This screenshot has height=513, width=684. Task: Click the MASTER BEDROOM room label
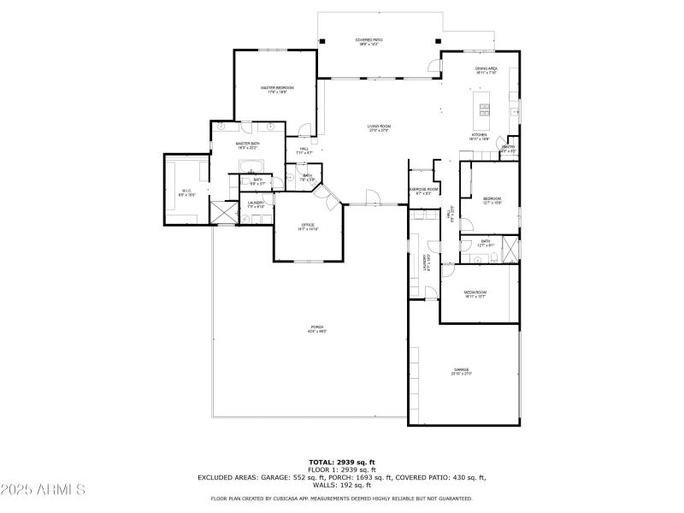pyautogui.click(x=277, y=88)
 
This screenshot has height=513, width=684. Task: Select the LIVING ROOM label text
pyautogui.click(x=379, y=127)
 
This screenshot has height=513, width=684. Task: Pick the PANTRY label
pyautogui.click(x=508, y=148)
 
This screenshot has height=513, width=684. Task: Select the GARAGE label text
pyautogui.click(x=461, y=370)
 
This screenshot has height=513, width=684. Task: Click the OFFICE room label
pyautogui.click(x=308, y=226)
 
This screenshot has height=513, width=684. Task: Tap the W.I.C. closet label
pyautogui.click(x=186, y=191)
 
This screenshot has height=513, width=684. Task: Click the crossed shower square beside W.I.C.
pyautogui.click(x=223, y=212)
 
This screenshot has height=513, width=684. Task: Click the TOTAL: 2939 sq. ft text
pyautogui.click(x=342, y=463)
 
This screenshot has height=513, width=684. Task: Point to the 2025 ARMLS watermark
pyautogui.click(x=44, y=490)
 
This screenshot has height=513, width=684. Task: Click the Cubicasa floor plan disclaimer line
pyautogui.click(x=342, y=498)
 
